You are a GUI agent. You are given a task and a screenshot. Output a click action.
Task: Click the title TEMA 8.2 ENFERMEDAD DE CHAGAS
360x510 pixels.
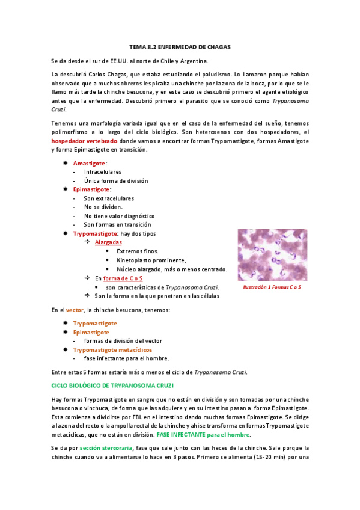180,46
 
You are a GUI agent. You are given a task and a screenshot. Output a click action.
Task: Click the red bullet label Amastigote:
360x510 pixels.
90,163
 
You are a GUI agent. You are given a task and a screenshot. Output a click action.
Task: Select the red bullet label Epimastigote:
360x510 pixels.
92,189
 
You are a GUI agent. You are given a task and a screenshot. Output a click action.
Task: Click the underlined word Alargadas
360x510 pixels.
108,242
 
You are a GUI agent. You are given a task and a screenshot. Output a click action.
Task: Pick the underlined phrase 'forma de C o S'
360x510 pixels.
123,278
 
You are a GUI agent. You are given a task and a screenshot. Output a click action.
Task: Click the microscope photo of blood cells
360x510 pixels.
271,254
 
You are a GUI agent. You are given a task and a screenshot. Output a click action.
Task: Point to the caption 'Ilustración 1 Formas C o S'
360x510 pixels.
272,288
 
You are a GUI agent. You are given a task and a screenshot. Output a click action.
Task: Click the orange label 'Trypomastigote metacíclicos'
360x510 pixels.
112,349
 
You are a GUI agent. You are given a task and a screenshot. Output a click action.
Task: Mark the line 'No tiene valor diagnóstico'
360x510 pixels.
119,215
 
